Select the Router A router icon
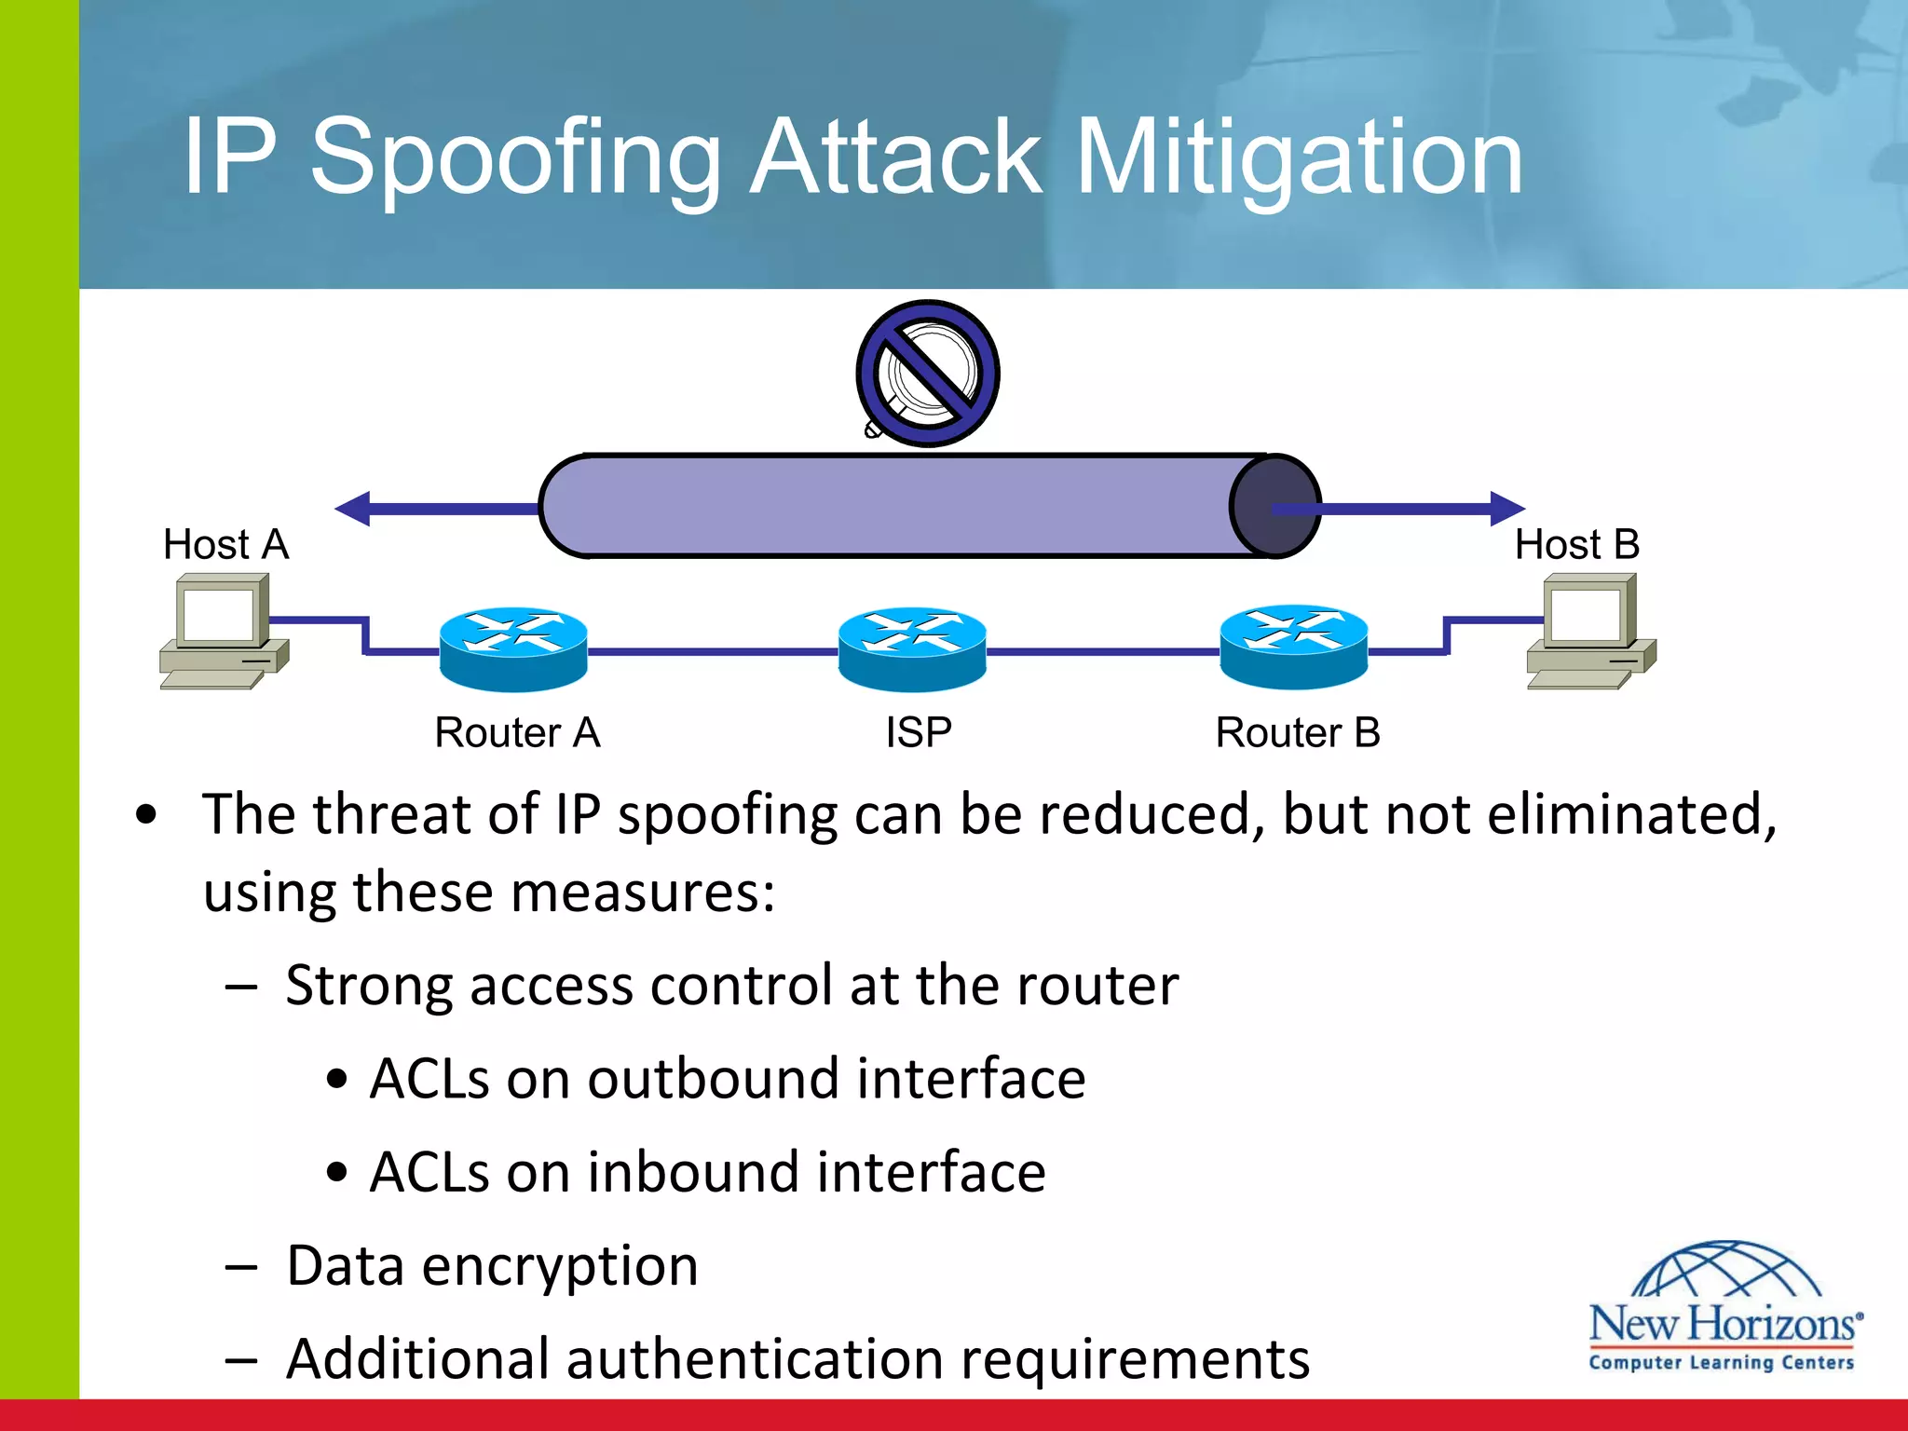pos(513,648)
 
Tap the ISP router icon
pos(912,648)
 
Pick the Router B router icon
pos(1294,647)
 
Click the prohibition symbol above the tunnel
pos(928,374)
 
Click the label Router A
pos(517,732)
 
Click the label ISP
pos(919,732)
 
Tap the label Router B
pos(1298,732)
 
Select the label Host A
pos(226,544)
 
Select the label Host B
pos(1576,544)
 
